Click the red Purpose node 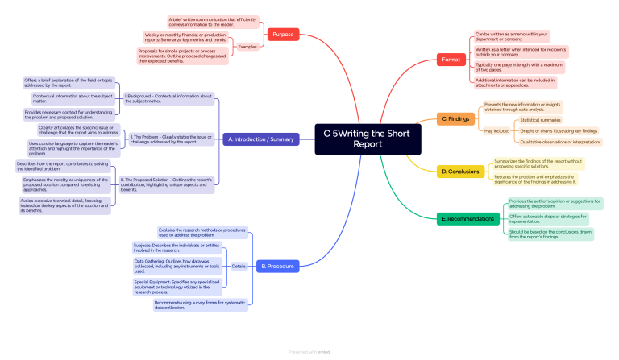283,35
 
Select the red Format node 450,60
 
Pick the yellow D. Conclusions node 459,172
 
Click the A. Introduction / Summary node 260,139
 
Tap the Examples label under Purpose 247,47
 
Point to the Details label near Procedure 239,266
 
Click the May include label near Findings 496,130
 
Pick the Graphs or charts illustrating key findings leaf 559,130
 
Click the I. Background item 168,98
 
